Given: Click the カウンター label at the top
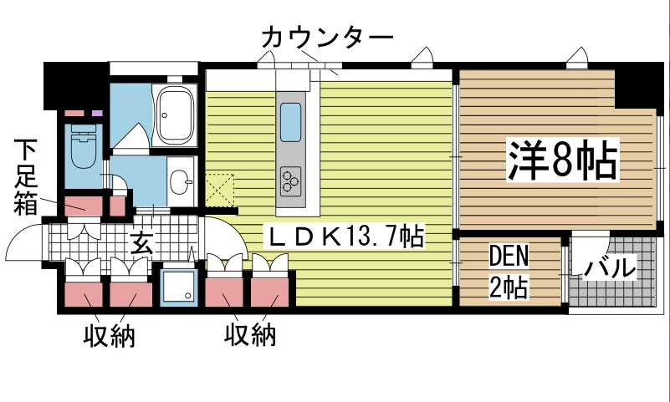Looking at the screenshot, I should click(326, 38).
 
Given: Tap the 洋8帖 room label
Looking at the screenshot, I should click(563, 161).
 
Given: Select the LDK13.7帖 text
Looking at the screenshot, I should click(344, 237).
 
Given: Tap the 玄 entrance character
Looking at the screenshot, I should click(141, 244).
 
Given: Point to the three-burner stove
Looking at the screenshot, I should click(291, 178).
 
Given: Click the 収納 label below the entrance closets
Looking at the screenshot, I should click(109, 336).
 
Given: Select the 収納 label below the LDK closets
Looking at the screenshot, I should click(249, 336).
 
